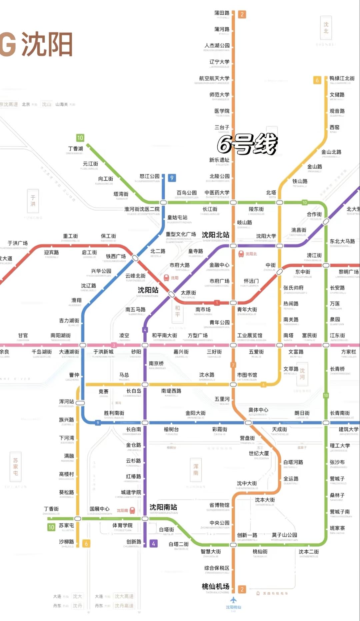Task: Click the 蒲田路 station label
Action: (x=222, y=13)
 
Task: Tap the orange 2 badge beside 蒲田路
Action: (x=242, y=14)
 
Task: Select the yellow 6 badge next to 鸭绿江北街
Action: (x=317, y=80)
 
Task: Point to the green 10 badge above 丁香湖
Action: (x=80, y=138)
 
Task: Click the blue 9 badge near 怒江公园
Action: (x=172, y=178)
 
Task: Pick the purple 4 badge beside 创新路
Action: (x=153, y=543)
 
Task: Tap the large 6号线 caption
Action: (x=247, y=144)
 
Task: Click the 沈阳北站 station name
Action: (x=215, y=235)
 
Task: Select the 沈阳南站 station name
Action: (x=163, y=507)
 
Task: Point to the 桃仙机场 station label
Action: (x=215, y=586)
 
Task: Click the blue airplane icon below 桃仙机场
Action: (x=233, y=600)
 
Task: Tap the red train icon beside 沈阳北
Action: (x=241, y=254)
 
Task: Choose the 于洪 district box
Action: (x=33, y=201)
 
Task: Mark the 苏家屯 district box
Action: (x=15, y=466)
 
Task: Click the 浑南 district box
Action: (x=196, y=470)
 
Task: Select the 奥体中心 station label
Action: (x=258, y=410)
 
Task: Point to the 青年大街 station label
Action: (x=247, y=310)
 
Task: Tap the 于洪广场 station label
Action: (x=18, y=243)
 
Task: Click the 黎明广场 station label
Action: (x=349, y=272)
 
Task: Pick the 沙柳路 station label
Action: (x=66, y=542)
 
